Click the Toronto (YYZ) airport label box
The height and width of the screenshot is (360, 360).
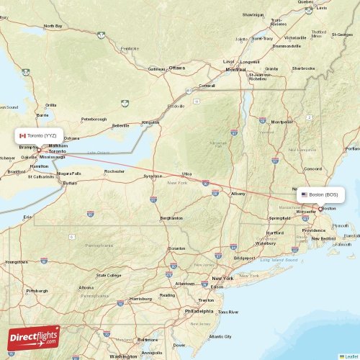pos(37,135)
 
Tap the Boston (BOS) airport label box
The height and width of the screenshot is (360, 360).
pos(321,194)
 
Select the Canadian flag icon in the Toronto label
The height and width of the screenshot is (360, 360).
pos(22,135)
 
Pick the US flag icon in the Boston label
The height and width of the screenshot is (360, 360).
pos(305,194)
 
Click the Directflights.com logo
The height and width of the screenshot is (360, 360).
pos(33,338)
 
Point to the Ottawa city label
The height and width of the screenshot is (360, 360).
pos(177,68)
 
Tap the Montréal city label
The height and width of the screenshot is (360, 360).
pos(236,69)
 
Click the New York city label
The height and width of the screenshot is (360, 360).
pos(222,278)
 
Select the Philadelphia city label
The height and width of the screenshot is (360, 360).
pos(199,312)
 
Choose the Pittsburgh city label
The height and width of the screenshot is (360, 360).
pos(37,291)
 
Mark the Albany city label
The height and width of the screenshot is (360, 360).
pos(238,194)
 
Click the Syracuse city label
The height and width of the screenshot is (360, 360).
pos(152,176)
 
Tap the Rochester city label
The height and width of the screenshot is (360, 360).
pos(114,171)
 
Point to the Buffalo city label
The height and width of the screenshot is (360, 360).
pos(70,183)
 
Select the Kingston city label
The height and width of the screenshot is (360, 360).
pos(150,122)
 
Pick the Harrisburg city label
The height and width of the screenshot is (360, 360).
pos(138,298)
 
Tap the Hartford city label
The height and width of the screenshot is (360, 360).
pos(274,233)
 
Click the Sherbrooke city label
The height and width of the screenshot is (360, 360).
pos(303,68)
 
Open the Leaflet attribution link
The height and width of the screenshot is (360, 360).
pos(350,356)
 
